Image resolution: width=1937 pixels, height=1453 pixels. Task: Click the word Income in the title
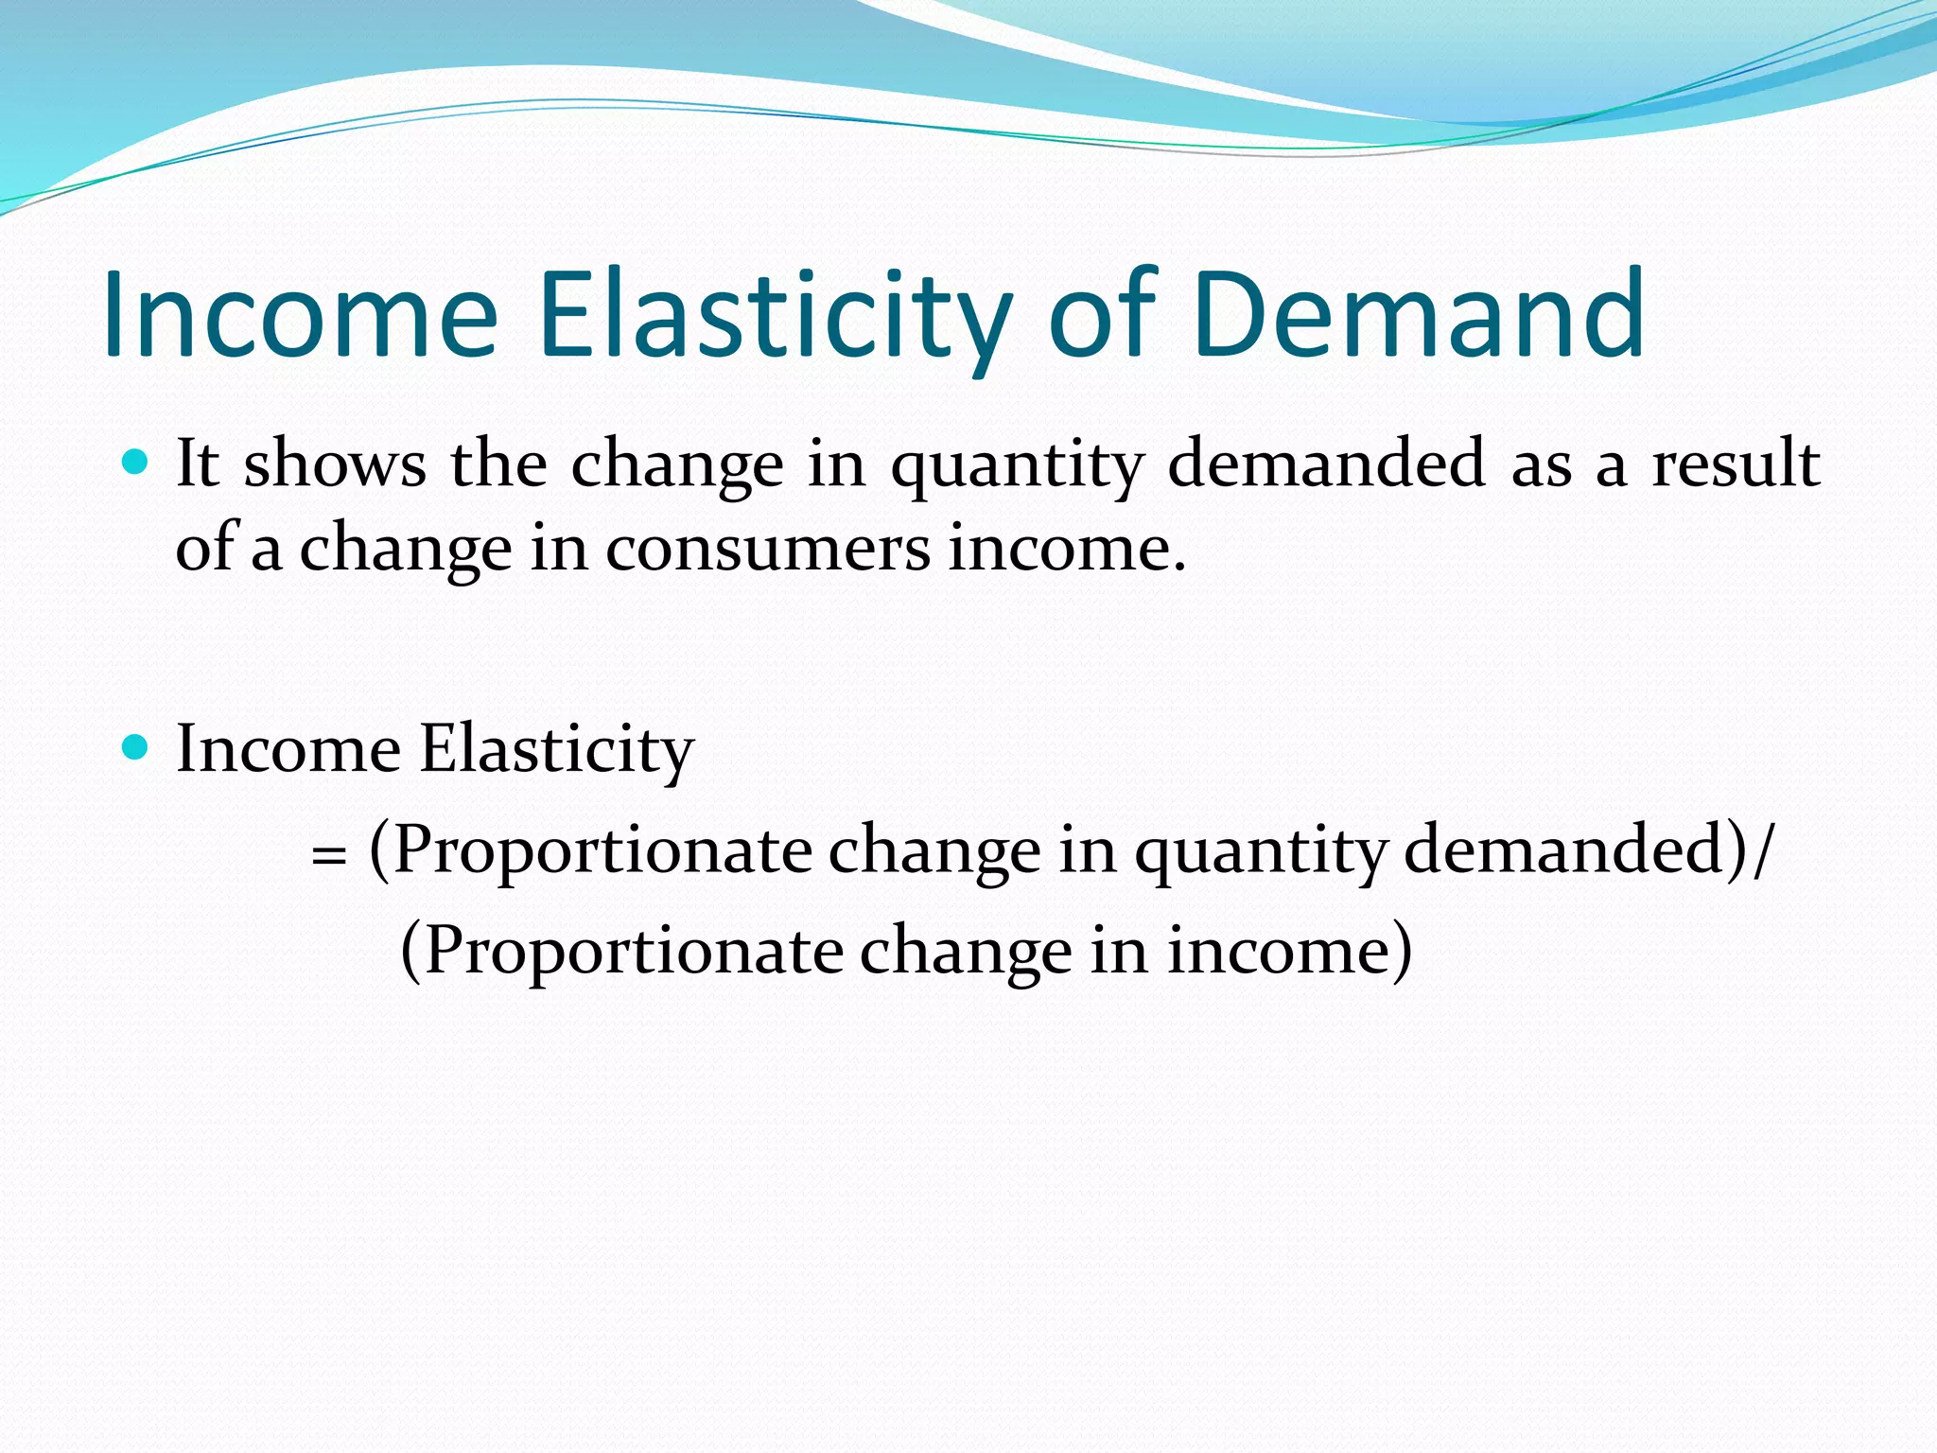click(x=301, y=314)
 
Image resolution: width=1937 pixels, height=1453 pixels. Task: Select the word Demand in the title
click(x=1419, y=314)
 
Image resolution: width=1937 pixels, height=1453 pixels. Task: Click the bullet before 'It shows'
click(x=136, y=463)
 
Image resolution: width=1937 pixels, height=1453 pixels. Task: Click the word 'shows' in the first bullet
click(x=335, y=464)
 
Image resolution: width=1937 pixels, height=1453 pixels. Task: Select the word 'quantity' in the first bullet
click(x=1018, y=466)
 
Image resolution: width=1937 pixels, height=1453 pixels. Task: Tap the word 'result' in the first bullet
click(x=1736, y=464)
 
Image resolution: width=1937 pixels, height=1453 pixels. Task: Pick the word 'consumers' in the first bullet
click(x=768, y=549)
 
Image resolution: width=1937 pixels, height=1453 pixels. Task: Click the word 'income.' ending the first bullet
click(x=1067, y=549)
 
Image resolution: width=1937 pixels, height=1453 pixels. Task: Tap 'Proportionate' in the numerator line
click(x=602, y=850)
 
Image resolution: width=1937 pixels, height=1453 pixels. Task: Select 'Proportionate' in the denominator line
click(x=633, y=951)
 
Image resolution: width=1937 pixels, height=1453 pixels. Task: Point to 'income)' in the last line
click(x=1289, y=951)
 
